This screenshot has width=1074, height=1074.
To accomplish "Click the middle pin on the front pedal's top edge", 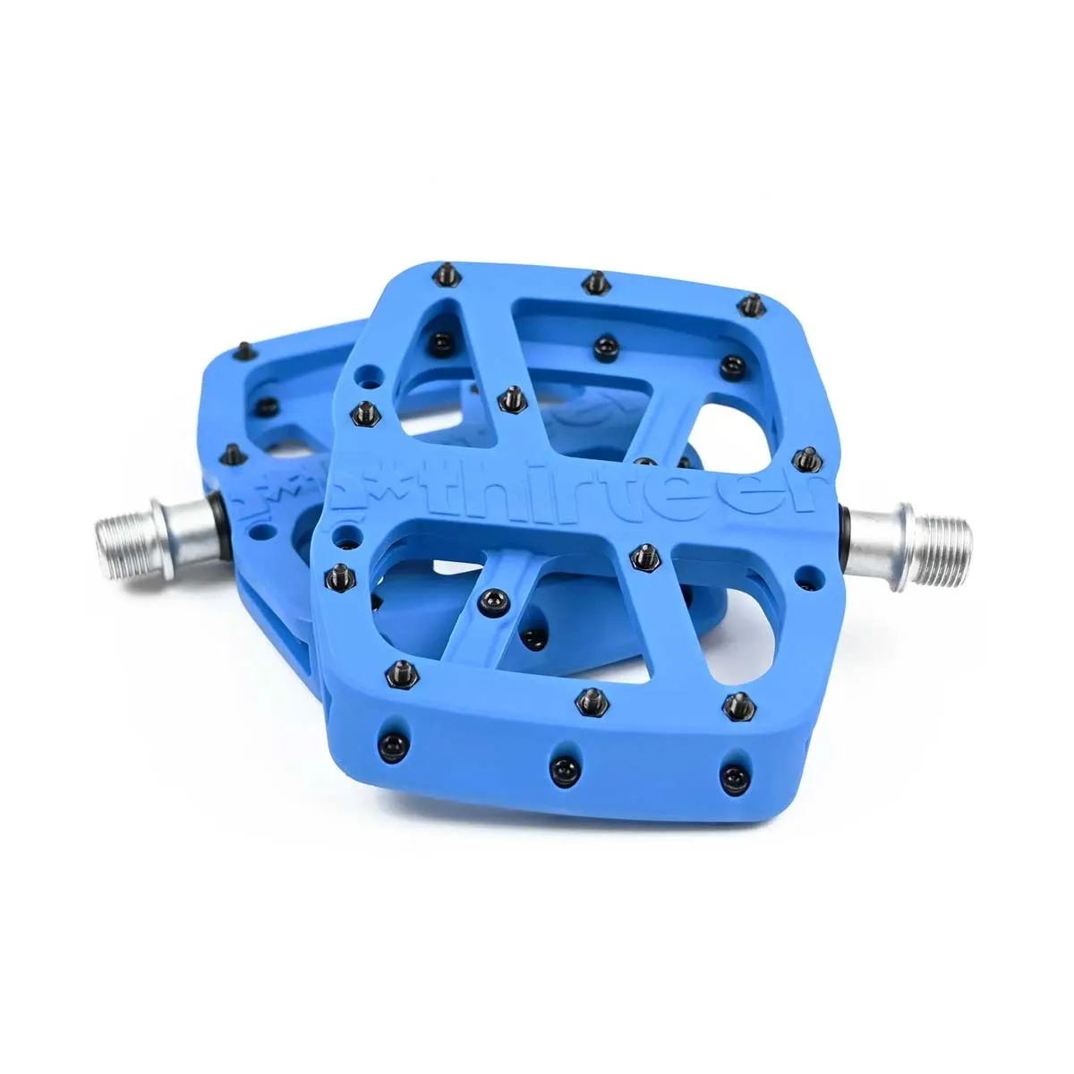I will click(x=592, y=284).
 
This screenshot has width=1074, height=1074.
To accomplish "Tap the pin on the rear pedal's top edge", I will click(x=244, y=346).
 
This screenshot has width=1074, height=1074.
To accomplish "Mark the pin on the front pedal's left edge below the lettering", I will click(x=340, y=572).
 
